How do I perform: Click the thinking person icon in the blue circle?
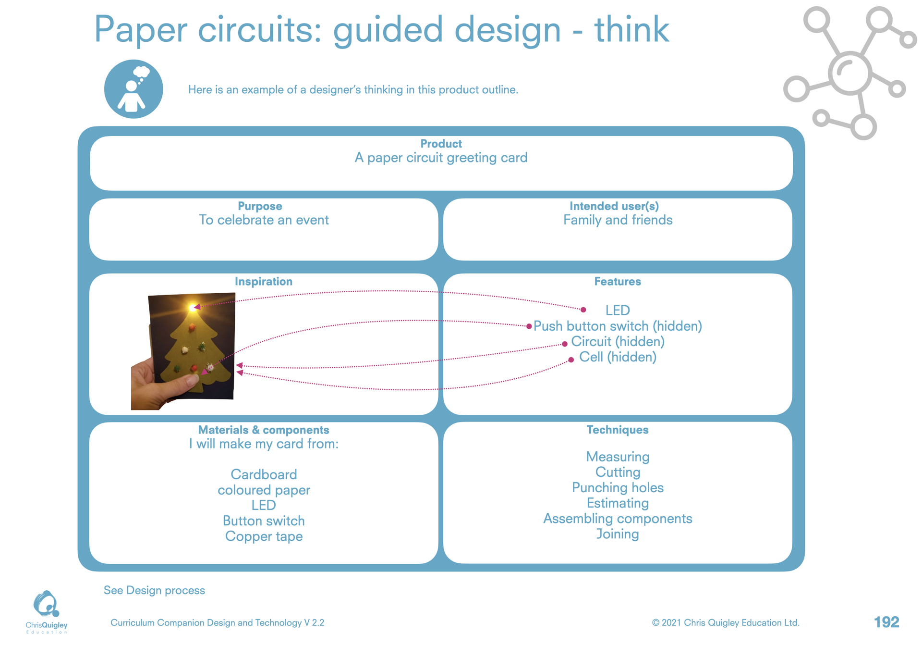point(133,89)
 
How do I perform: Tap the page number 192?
point(886,622)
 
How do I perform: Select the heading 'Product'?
point(441,144)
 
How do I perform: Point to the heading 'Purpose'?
point(260,206)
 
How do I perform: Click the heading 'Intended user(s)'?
point(614,206)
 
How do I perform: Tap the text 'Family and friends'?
point(618,220)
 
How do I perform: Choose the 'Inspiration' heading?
point(263,282)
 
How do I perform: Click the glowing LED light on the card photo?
point(193,307)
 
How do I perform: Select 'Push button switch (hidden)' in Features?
point(618,326)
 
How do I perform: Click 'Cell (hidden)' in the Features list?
point(618,357)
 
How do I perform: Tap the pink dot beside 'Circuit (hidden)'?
point(565,344)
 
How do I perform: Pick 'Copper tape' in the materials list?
point(264,536)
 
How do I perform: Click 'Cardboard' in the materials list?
point(264,474)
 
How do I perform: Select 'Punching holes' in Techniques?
point(618,488)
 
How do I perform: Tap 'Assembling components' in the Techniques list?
point(618,519)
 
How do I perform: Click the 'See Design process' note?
point(154,590)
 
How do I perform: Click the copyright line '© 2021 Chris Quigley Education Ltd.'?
point(726,622)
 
